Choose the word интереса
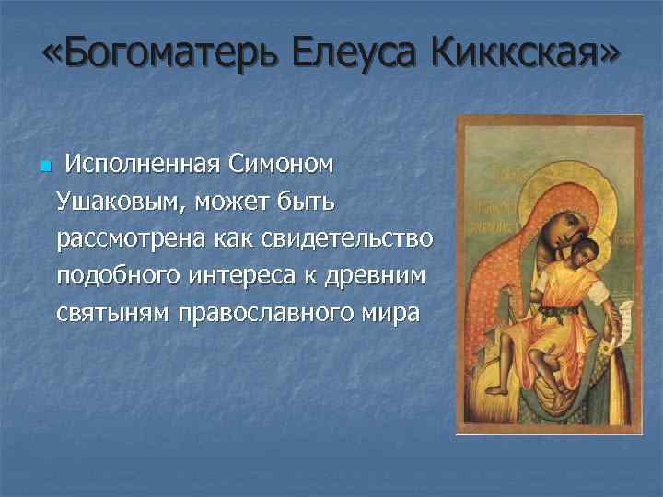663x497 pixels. click(256, 275)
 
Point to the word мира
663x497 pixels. click(395, 313)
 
